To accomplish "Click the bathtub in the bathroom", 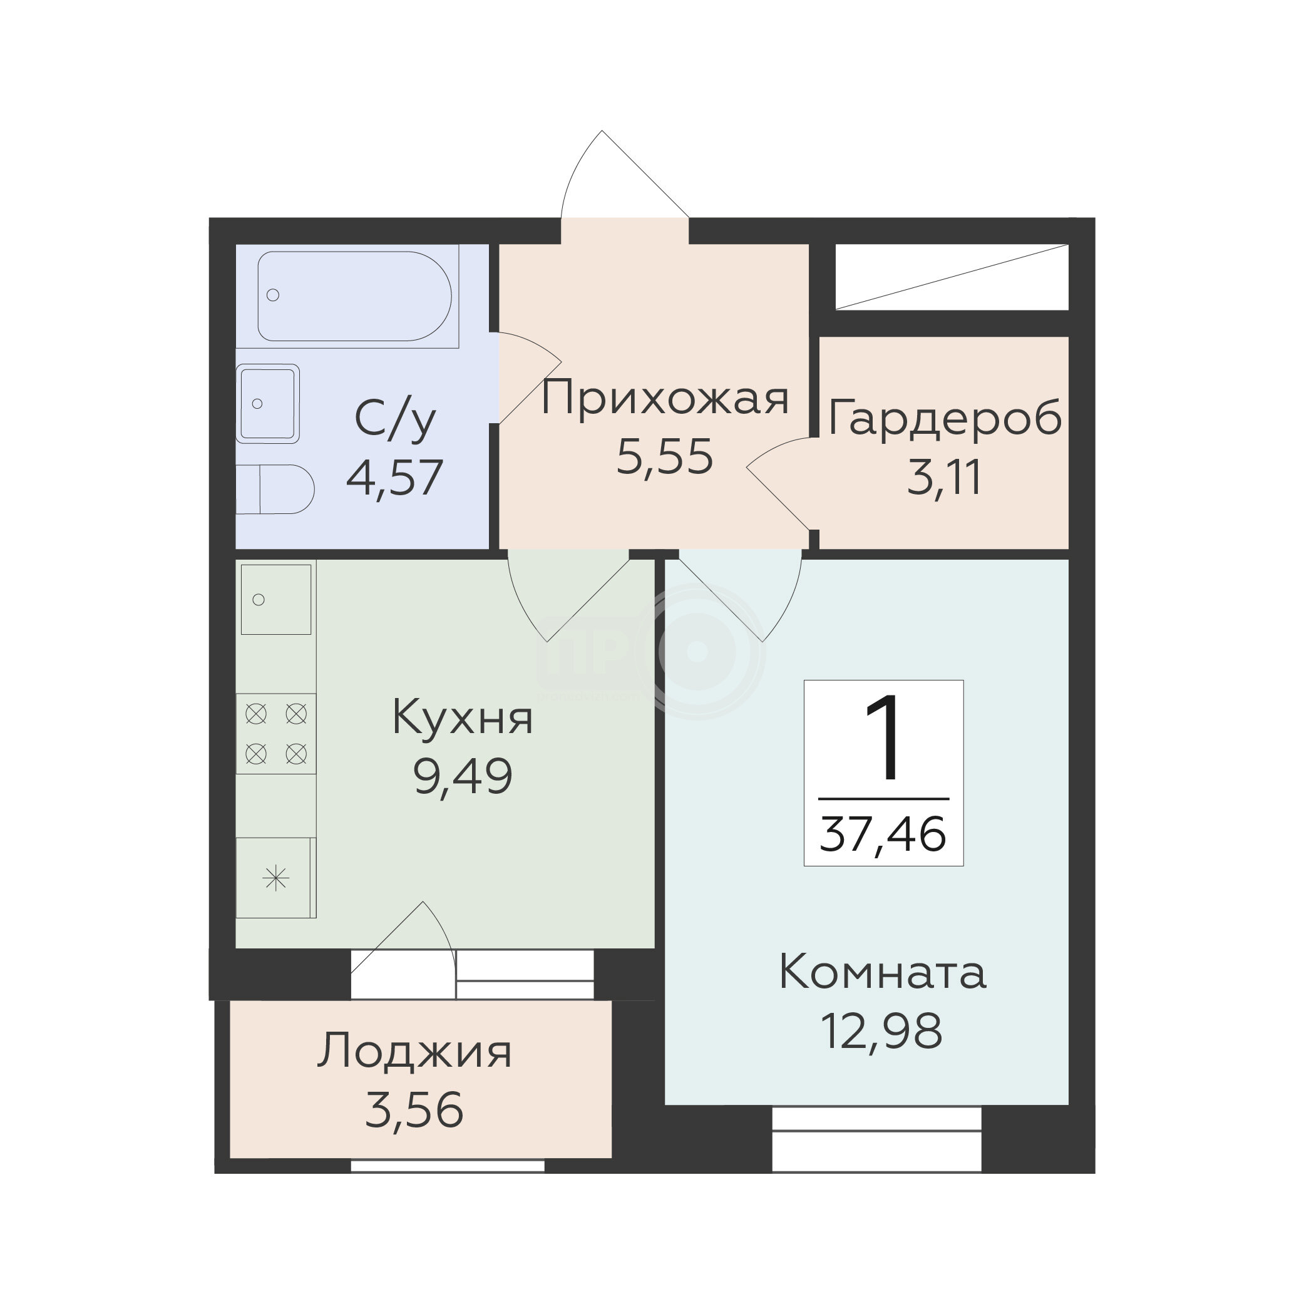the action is (354, 296).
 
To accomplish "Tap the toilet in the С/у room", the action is (275, 490).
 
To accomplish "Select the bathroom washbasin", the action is (267, 404).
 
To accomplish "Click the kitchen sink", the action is (276, 599).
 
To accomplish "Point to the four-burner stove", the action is (276, 734).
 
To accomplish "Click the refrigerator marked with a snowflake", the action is (276, 878).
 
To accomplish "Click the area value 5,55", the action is (665, 457).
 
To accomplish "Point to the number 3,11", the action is (943, 477).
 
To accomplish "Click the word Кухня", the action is (463, 717).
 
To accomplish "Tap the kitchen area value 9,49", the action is (463, 776).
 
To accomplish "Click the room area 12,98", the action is (881, 1031).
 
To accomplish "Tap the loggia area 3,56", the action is (414, 1111).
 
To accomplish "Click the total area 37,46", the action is (883, 834).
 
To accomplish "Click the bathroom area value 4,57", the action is (395, 477).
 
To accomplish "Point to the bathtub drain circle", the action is (273, 295).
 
